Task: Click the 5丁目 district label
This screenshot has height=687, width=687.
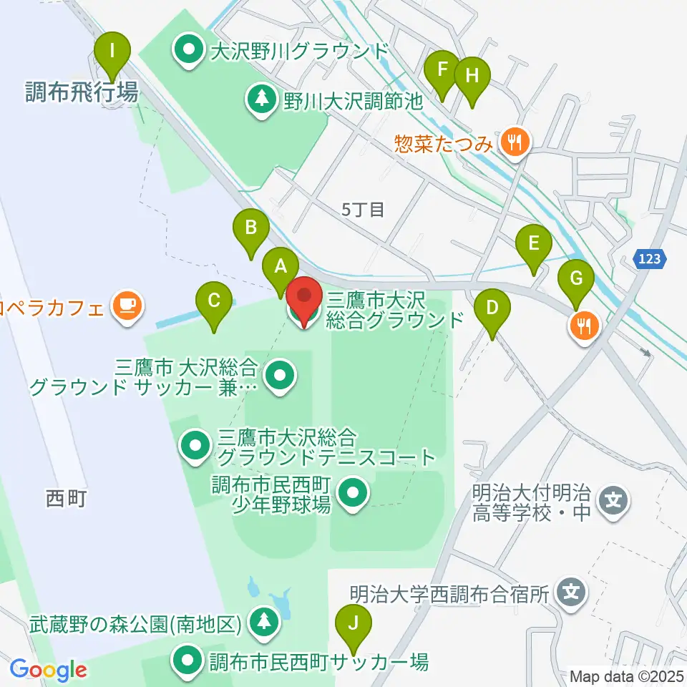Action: coord(364,210)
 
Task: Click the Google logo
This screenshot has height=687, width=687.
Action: coord(48,670)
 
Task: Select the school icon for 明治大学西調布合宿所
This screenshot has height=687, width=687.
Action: coord(571,593)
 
